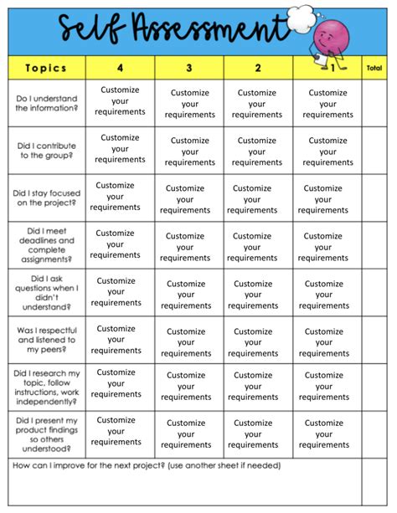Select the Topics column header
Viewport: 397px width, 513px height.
pos(46,68)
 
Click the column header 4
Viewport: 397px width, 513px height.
pos(120,68)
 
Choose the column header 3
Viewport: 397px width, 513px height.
pos(188,68)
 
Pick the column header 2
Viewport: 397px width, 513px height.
pos(257,68)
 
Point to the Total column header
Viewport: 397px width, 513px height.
pos(374,68)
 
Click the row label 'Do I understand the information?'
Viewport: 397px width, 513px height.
pos(46,103)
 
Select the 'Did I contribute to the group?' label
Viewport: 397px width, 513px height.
pos(46,151)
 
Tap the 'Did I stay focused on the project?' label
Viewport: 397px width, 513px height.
pos(46,198)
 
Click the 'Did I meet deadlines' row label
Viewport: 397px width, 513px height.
pos(46,244)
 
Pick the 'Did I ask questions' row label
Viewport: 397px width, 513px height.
pos(46,292)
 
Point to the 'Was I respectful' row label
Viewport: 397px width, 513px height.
pos(46,340)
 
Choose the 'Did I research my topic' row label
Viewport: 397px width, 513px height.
pos(46,387)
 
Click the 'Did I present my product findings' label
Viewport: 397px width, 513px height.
pos(46,434)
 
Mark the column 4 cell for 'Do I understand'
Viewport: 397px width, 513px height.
pos(120,100)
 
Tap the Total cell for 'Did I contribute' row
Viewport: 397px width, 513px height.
pos(374,151)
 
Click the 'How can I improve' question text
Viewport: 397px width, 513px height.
pos(147,466)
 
